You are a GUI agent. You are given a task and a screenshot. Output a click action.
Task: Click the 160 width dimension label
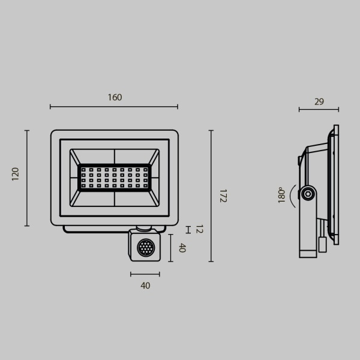click(115, 97)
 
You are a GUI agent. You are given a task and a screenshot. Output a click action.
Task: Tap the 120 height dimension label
click(16, 174)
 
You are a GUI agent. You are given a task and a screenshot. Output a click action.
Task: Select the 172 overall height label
click(223, 196)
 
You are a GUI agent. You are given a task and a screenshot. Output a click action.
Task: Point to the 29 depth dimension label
click(319, 102)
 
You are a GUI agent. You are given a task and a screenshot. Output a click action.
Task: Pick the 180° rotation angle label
click(281, 196)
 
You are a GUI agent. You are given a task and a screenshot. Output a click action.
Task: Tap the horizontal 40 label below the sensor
click(145, 286)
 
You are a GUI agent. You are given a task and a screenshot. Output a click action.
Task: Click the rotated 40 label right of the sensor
click(182, 248)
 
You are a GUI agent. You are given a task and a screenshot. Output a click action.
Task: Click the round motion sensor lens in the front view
click(145, 247)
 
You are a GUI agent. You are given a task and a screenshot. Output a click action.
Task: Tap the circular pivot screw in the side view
click(308, 193)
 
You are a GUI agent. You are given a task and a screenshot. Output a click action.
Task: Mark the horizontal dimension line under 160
click(114, 107)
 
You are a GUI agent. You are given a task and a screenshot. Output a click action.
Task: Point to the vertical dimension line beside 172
click(211, 196)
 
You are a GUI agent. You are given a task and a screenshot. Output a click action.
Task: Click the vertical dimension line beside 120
click(27, 178)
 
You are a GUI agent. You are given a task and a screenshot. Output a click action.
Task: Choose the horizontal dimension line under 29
click(319, 110)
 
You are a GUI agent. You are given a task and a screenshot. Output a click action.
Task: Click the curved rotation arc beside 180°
click(292, 194)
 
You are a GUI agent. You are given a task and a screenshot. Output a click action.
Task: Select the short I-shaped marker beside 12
click(188, 230)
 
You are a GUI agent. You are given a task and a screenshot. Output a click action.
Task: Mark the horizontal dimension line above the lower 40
click(145, 274)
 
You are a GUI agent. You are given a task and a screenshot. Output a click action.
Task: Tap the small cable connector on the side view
click(322, 244)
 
